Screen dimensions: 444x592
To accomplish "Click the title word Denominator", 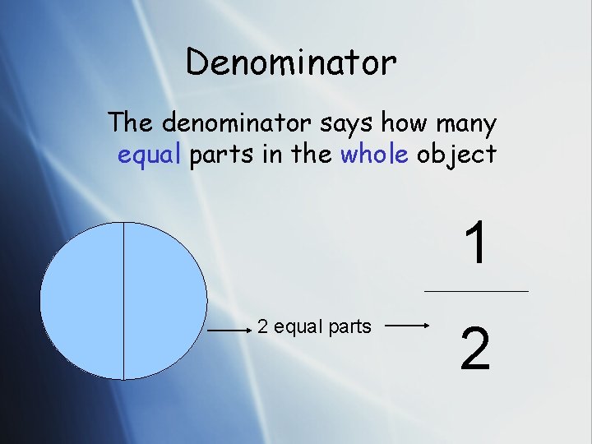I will pyautogui.click(x=291, y=62).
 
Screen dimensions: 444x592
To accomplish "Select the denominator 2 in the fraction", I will pyautogui.click(x=476, y=349).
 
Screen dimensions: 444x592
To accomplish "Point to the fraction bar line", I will pyautogui.click(x=476, y=291).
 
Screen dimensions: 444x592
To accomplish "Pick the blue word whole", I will pyautogui.click(x=374, y=154).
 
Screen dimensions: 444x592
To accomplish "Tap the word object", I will pyautogui.click(x=456, y=155).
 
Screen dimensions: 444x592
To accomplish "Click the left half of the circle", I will pyautogui.click(x=82, y=301).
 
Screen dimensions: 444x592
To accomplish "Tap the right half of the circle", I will pyautogui.click(x=164, y=301).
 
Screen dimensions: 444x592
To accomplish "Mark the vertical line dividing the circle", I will pyautogui.click(x=123, y=301).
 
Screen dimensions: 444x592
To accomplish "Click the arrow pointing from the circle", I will pyautogui.click(x=228, y=331).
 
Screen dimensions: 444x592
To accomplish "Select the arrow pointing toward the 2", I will pyautogui.click(x=406, y=326).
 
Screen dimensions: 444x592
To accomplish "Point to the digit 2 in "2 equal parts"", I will pyautogui.click(x=262, y=326).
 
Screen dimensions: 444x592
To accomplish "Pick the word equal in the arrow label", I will pyautogui.click(x=298, y=326).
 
